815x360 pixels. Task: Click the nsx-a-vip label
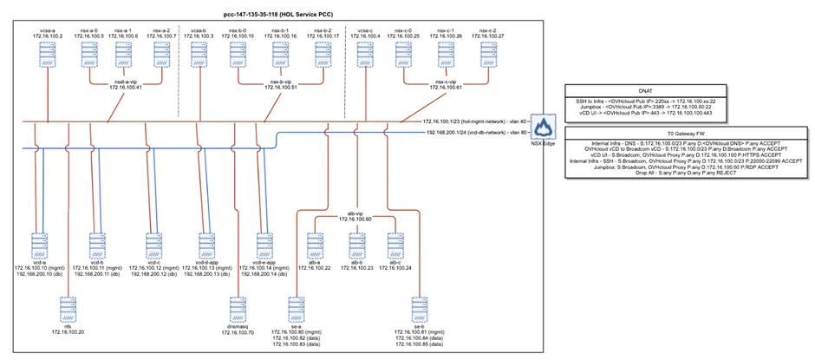tap(126, 84)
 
